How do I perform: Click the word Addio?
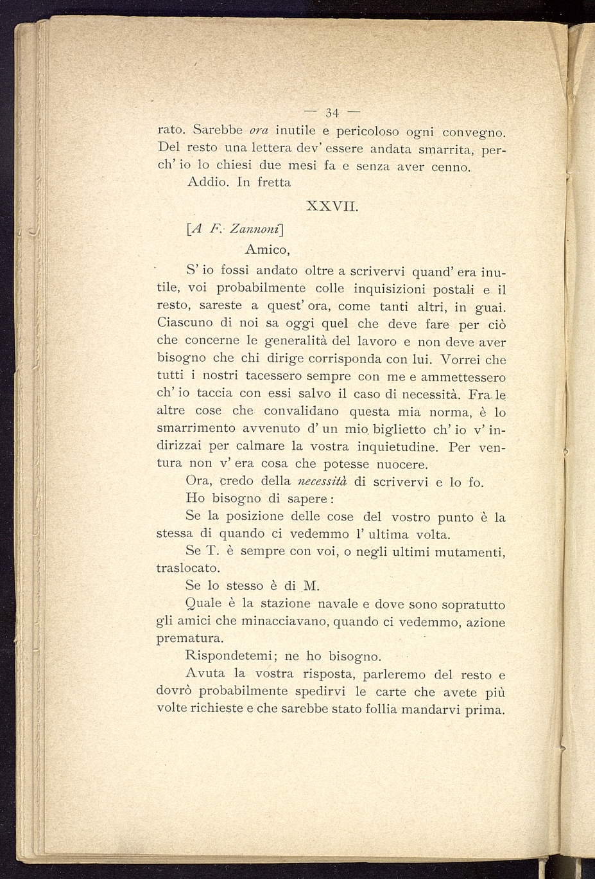[x=208, y=182]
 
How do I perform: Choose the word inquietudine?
[x=392, y=446]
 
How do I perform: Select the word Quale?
[x=203, y=604]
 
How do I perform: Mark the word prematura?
[x=191, y=639]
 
